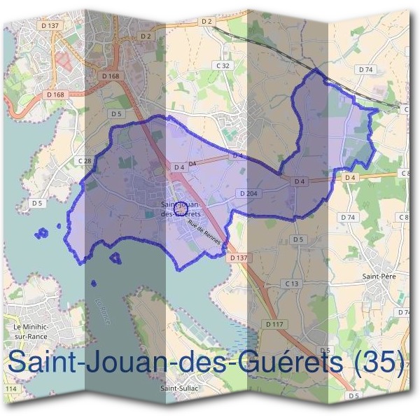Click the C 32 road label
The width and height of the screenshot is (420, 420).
tap(223, 65)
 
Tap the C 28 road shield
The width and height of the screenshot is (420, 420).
tap(85, 161)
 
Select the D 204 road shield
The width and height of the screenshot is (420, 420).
tap(248, 192)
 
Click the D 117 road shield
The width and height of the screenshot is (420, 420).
tap(274, 324)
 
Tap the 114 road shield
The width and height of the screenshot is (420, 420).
tap(10, 388)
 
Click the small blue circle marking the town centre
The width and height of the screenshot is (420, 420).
tap(180, 207)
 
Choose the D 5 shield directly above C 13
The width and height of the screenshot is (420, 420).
tap(299, 239)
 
